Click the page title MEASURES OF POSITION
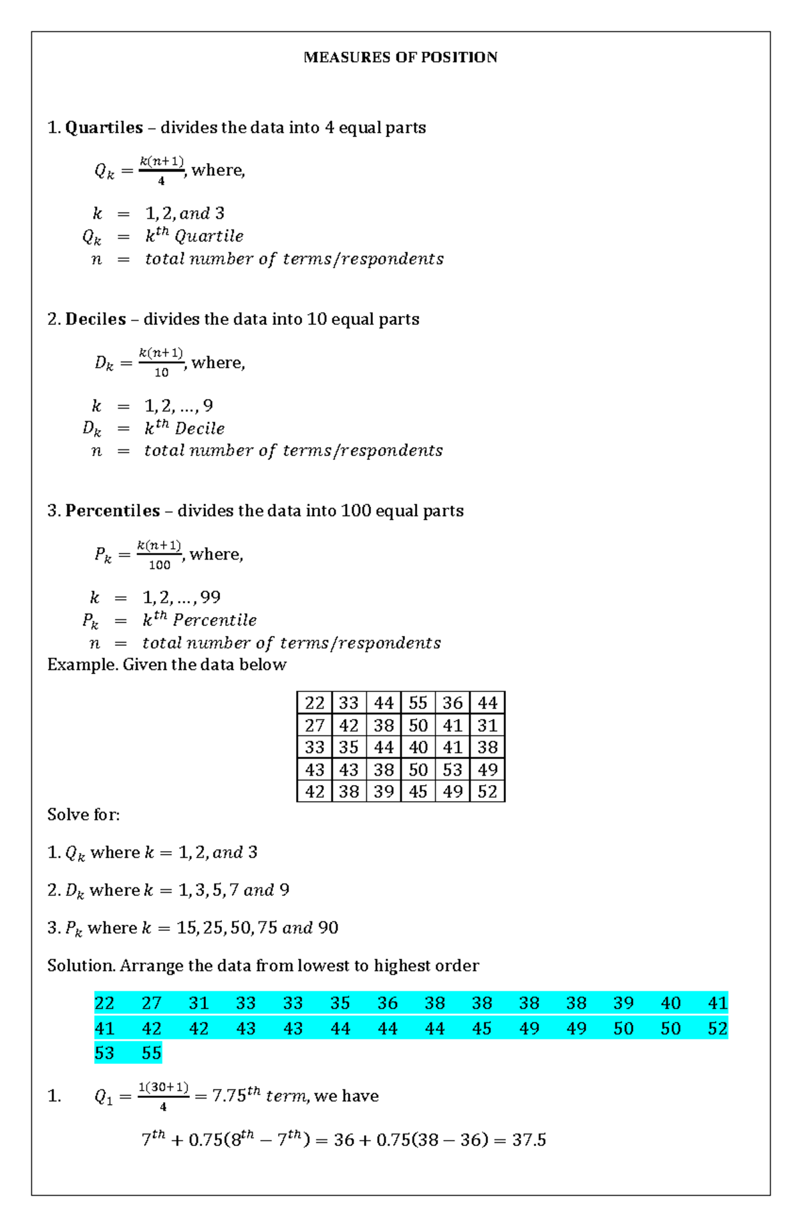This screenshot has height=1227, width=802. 400,58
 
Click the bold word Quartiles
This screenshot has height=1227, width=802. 104,128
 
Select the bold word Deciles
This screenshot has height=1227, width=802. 96,320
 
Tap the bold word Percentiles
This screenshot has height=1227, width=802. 112,511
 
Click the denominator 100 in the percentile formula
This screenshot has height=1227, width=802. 159,565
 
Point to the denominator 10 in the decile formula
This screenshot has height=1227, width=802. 161,373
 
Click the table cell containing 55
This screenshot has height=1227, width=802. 418,703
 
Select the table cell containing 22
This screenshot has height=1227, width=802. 314,703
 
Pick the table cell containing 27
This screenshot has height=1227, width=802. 314,726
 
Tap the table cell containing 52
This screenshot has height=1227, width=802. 487,792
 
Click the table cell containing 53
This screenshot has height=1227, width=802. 452,770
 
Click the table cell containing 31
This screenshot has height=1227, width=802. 487,726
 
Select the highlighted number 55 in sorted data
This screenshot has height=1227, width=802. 152,1053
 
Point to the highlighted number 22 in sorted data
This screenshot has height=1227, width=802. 104,1003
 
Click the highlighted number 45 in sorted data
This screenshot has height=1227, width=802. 482,1028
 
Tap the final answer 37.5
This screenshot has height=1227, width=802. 529,1140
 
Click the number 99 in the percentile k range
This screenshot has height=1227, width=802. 210,597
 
